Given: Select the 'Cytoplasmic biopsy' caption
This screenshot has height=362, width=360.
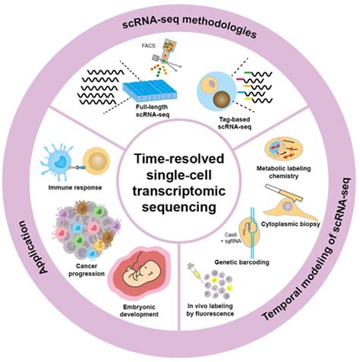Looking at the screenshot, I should click(294, 225).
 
